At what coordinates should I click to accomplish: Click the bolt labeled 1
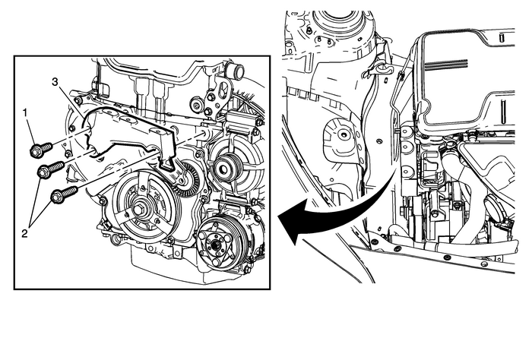point(41,147)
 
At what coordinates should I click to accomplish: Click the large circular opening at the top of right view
point(338,22)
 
